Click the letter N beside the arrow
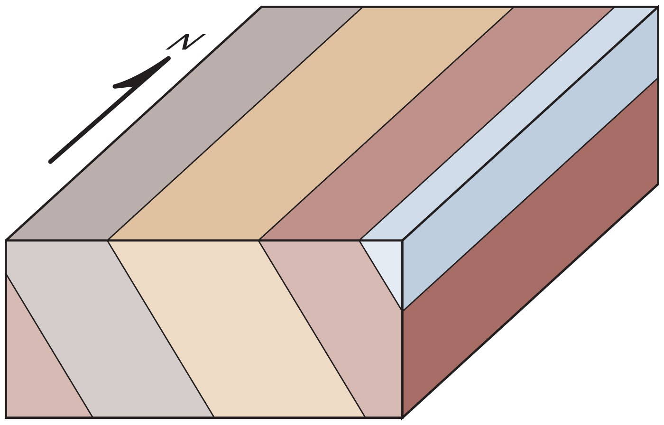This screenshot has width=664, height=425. click(x=186, y=42)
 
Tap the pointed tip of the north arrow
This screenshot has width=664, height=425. click(x=169, y=57)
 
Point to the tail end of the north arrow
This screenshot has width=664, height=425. click(x=50, y=162)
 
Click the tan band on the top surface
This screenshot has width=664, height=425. click(x=310, y=123)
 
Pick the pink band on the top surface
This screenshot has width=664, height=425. click(x=436, y=123)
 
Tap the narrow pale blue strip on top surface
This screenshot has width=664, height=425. click(x=508, y=123)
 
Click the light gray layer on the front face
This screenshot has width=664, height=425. click(x=110, y=329)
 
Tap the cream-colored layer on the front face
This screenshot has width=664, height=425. click(x=237, y=329)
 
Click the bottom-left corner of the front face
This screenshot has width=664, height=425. click(x=6, y=417)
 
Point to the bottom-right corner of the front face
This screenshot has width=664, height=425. click(x=402, y=417)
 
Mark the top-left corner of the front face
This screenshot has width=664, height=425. click(x=6, y=240)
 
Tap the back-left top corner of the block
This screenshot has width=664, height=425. click(x=261, y=7)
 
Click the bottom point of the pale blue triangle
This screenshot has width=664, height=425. click(x=402, y=310)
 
